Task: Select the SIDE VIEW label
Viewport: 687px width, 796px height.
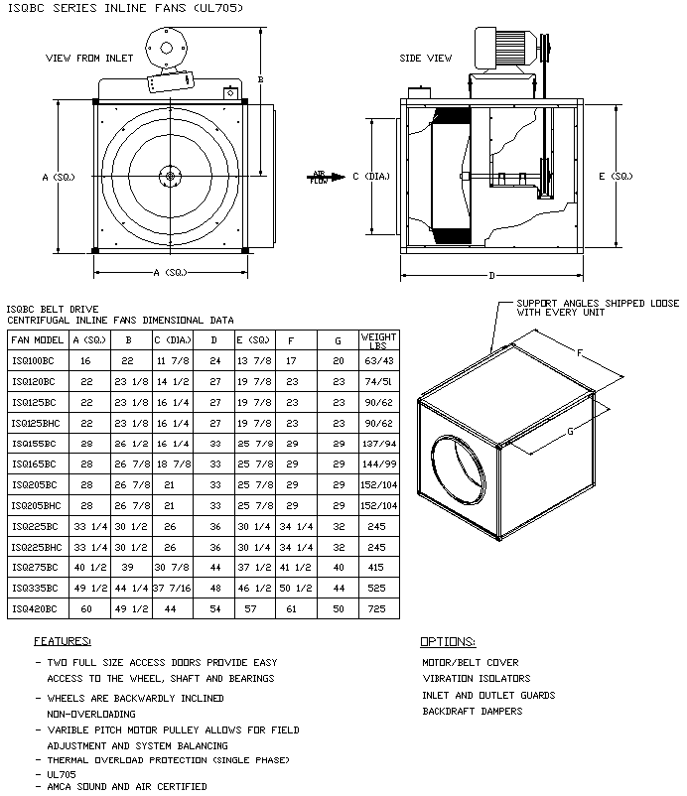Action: [x=426, y=58]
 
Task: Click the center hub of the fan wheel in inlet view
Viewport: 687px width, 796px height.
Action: [x=170, y=178]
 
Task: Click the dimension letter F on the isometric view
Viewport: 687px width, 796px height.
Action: [x=581, y=351]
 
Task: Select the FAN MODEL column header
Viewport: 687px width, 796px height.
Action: [x=37, y=338]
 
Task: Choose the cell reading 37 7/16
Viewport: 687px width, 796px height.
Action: [x=172, y=587]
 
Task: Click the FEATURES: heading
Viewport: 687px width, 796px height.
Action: [x=63, y=641]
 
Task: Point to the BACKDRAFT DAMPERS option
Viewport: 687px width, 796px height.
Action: [x=473, y=712]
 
